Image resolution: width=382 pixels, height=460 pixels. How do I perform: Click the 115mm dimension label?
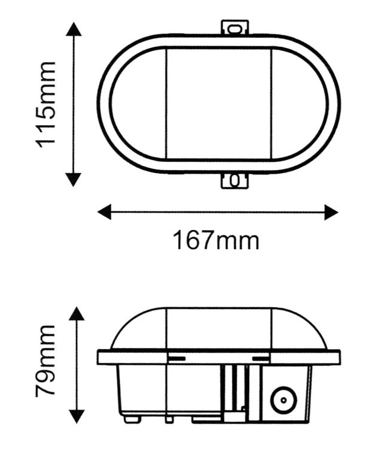click(46, 103)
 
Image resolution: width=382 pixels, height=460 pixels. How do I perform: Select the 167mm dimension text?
click(216, 241)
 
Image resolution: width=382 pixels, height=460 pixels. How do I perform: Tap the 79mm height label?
click(46, 361)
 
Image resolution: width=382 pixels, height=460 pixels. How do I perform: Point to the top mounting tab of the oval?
click(235, 28)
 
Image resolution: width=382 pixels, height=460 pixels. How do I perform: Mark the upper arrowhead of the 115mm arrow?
click(73, 29)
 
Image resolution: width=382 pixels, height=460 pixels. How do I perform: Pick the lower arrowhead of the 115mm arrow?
click(73, 178)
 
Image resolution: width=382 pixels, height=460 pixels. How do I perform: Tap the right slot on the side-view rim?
click(261, 358)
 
